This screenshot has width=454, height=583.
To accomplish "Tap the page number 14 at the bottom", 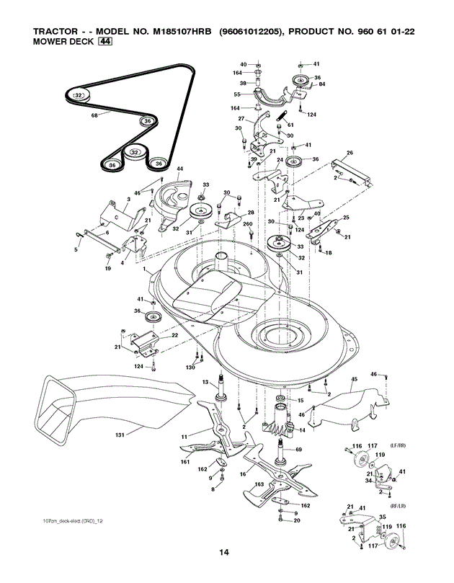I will [x=225, y=552].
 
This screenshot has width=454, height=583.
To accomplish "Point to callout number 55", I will [x=237, y=94].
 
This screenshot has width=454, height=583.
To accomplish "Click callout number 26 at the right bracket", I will [x=350, y=153].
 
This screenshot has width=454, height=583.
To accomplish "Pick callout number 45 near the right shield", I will [x=354, y=379].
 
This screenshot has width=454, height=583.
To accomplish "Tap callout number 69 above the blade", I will [x=299, y=450].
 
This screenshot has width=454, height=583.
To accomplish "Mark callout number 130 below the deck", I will [x=190, y=368].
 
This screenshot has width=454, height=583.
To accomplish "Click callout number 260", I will [x=247, y=225].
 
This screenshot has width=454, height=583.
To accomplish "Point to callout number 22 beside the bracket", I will [x=174, y=336].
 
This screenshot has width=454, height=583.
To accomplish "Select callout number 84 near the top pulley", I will [x=322, y=84].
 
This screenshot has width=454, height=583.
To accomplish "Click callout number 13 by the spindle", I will [x=204, y=382].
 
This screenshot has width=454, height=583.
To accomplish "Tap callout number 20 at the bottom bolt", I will [x=297, y=520].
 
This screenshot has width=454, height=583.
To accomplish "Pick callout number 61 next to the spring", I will [x=290, y=125].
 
